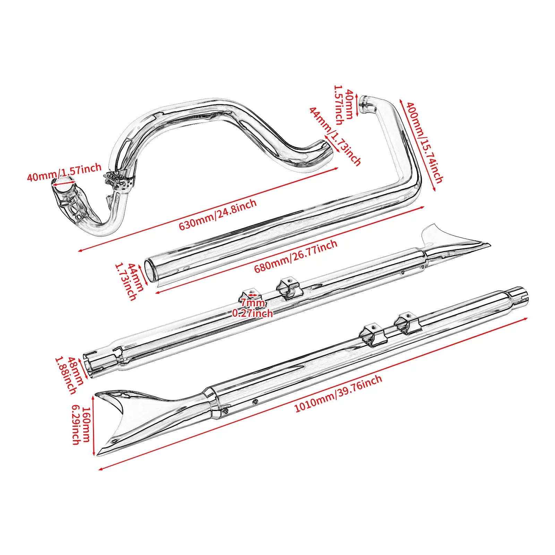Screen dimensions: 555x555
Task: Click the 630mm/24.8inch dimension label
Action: pos(217,214)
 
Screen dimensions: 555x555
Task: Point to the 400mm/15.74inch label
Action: pos(425,142)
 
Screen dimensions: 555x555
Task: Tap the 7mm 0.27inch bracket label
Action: pos(253,308)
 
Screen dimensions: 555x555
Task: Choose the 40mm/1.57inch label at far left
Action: pos(64,172)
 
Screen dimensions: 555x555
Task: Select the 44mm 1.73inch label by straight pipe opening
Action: pos(131,281)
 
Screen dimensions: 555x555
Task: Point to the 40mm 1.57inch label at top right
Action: pos(343,105)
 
